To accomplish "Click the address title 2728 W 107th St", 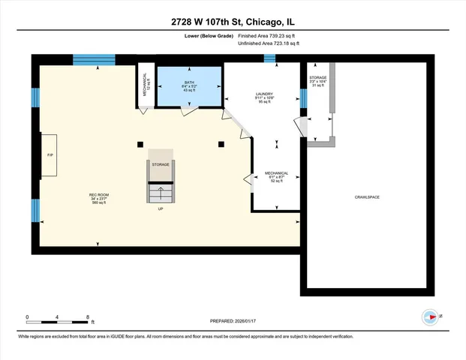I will pos(233,22).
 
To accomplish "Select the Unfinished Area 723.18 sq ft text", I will pos(269,43).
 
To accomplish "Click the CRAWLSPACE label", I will pos(367,196).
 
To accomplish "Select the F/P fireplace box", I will pos(50,155).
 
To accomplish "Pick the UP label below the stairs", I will pos(160,209).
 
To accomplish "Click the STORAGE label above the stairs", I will pos(160,163).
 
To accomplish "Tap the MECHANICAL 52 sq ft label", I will pos(276,176).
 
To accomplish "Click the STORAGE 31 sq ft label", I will pos(317,81).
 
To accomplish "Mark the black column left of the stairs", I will pos(139,143).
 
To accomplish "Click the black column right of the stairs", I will pos(221,143).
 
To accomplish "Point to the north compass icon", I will pos(430,316).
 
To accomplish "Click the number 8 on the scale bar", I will pos(89,316).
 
